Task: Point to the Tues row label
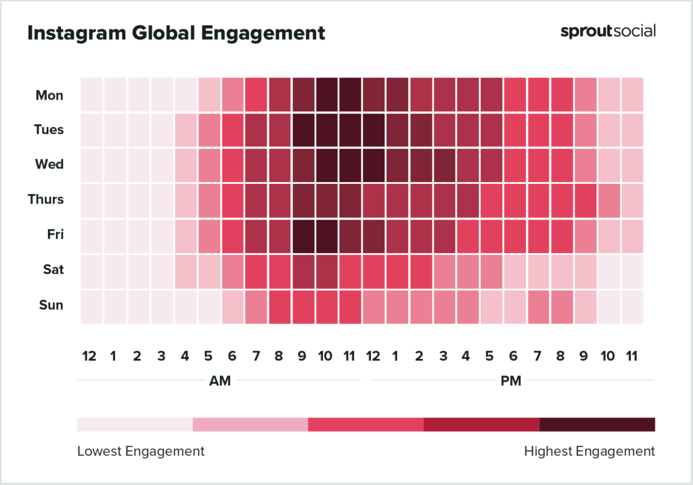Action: pos(49,129)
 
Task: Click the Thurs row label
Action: pos(46,200)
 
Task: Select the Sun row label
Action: pos(51,305)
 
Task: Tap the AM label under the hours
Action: pos(220,381)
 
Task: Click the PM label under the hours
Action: pos(511,381)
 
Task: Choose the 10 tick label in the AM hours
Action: pos(326,356)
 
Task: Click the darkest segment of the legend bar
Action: pos(597,425)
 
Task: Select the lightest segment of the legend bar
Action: pos(135,425)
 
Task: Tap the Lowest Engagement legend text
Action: pos(141,451)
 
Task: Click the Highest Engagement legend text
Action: pos(589,451)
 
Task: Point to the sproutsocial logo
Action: pos(608,31)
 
